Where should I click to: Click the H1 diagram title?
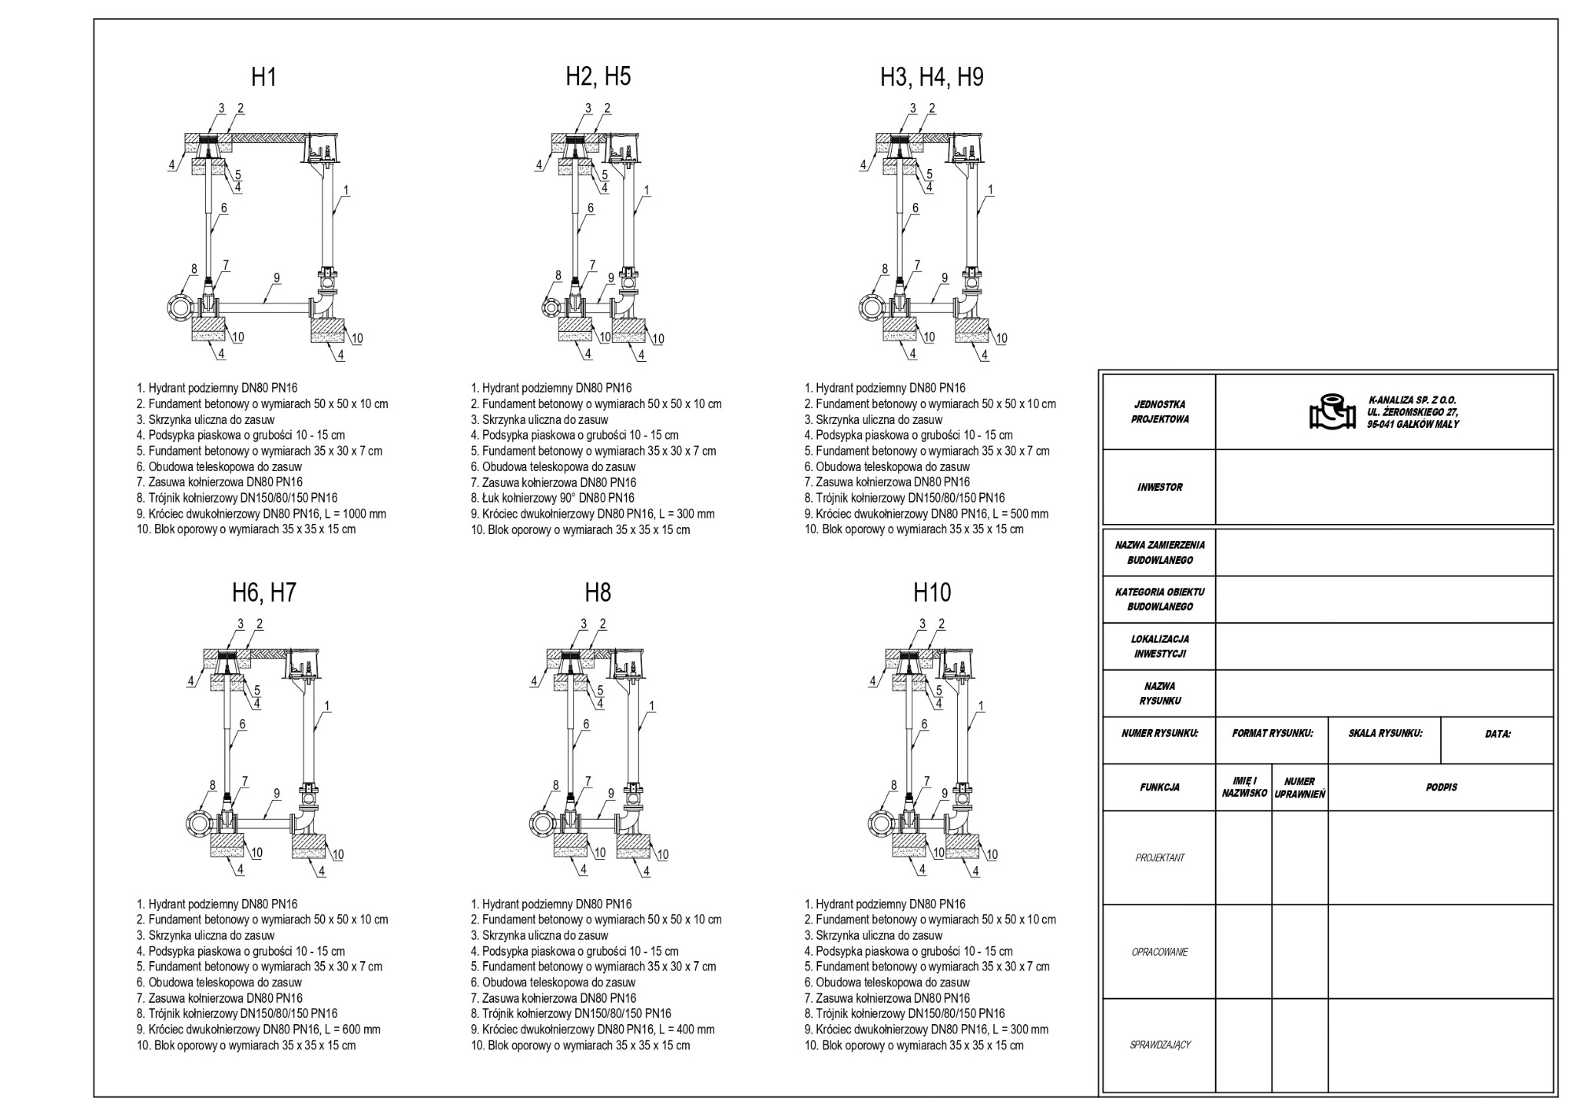click(263, 77)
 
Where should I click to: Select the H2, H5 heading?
click(598, 77)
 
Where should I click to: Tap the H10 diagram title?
click(932, 592)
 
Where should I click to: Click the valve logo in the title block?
click(1332, 412)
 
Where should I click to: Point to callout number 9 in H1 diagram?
click(277, 278)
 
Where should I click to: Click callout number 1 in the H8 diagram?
click(652, 705)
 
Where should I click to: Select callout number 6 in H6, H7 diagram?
click(242, 724)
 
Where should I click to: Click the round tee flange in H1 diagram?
click(181, 307)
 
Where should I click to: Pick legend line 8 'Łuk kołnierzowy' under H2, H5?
click(552, 498)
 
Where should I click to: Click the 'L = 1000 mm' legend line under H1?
click(261, 514)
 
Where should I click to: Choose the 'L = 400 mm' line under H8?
click(592, 1030)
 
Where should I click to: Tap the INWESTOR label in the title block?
click(1159, 487)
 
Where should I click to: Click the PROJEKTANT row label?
click(1159, 857)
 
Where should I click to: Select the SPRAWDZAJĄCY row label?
click(1159, 1045)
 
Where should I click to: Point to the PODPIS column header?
click(1440, 787)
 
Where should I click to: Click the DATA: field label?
click(1497, 734)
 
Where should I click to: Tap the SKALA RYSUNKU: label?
click(1385, 733)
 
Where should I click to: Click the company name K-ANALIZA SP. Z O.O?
click(1412, 400)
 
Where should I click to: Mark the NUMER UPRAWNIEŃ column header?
click(1300, 788)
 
